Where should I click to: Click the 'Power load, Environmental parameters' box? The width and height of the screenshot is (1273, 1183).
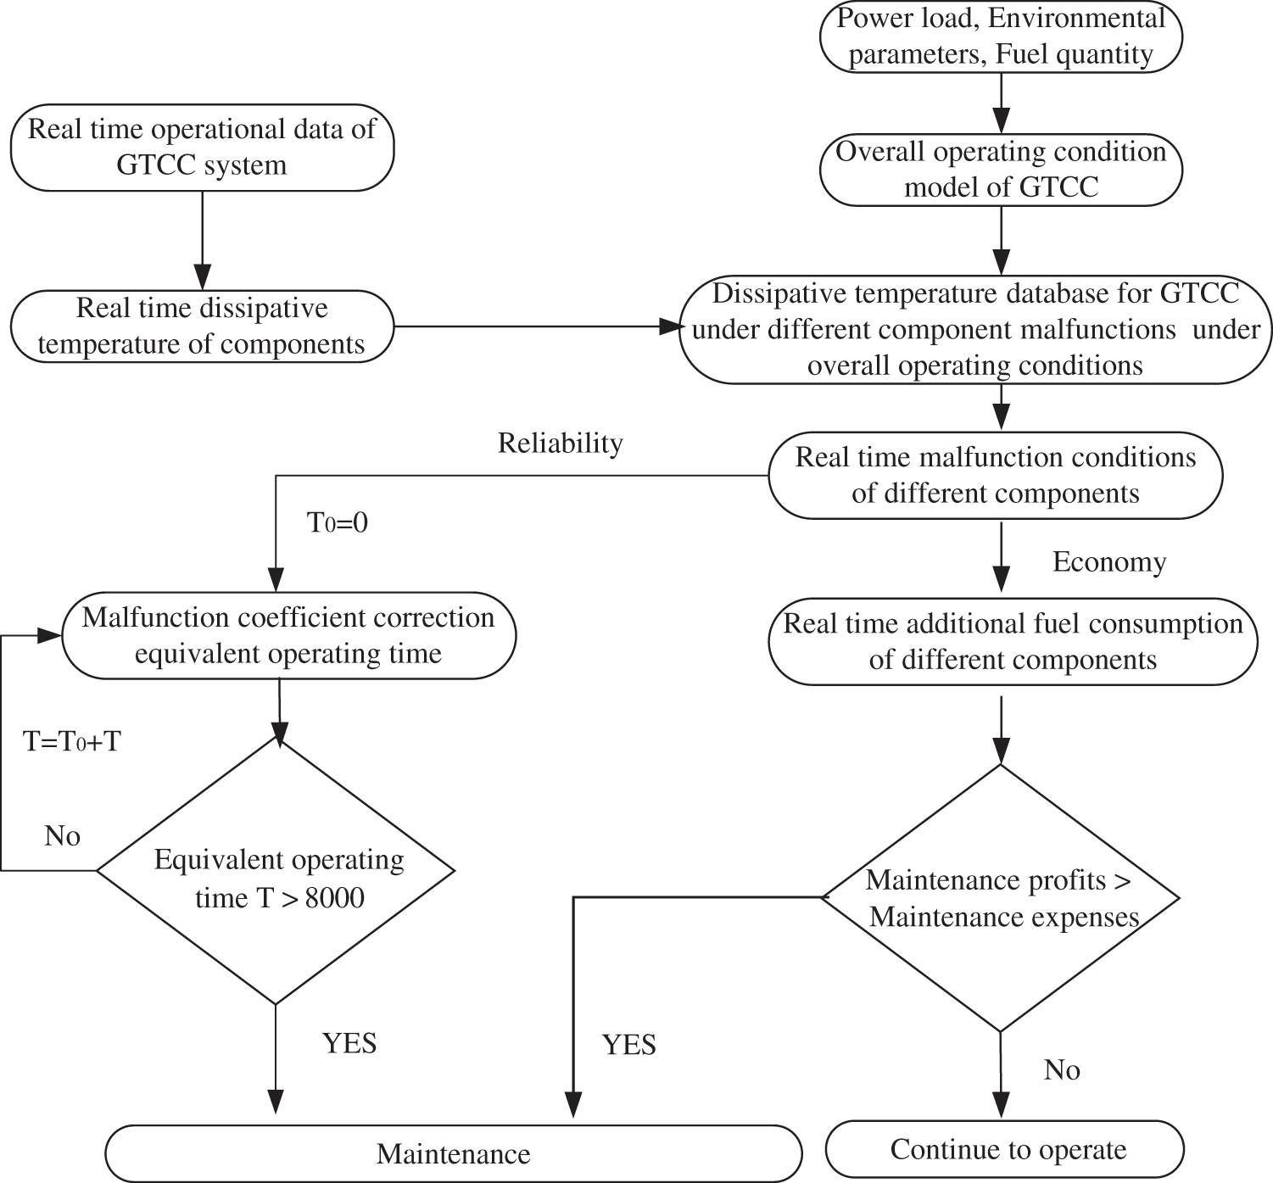pos(1001,36)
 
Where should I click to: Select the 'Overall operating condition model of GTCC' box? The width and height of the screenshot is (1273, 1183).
pos(1001,170)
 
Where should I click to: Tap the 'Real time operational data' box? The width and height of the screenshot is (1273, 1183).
pos(202,148)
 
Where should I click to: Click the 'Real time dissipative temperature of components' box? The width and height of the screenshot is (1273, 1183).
pos(202,326)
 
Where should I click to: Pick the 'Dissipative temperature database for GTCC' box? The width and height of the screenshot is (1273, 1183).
pos(975,330)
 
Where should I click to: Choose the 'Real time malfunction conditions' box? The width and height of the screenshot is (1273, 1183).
pos(995,476)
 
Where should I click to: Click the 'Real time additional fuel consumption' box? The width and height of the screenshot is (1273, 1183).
pos(1012,642)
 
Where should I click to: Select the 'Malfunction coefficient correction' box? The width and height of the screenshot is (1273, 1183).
pos(288,635)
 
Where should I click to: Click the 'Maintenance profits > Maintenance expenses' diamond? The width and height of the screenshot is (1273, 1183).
pos(1001,898)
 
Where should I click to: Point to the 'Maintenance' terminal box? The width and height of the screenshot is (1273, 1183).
pos(453,1154)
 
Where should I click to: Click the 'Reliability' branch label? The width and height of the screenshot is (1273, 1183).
pos(560,443)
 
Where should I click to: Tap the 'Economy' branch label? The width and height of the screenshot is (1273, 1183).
pos(1108,562)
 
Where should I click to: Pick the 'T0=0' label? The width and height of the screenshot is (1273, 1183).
pos(337,523)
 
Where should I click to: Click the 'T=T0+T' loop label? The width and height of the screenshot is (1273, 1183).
pos(72,741)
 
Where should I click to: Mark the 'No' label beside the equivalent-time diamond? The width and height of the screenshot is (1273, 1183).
pos(62,836)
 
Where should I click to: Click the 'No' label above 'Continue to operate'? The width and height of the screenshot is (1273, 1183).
pos(1061,1070)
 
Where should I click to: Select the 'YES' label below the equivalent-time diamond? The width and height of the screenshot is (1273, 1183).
pos(349,1042)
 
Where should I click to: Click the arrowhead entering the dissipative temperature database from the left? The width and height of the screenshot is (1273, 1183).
pos(671,326)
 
